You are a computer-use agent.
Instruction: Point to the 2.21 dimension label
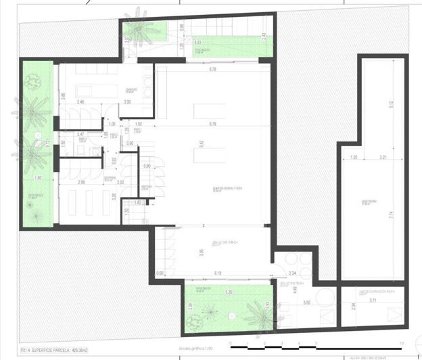click(382, 158)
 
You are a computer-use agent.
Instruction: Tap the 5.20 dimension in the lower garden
click(229, 292)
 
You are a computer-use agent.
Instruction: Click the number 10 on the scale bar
click(402, 342)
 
